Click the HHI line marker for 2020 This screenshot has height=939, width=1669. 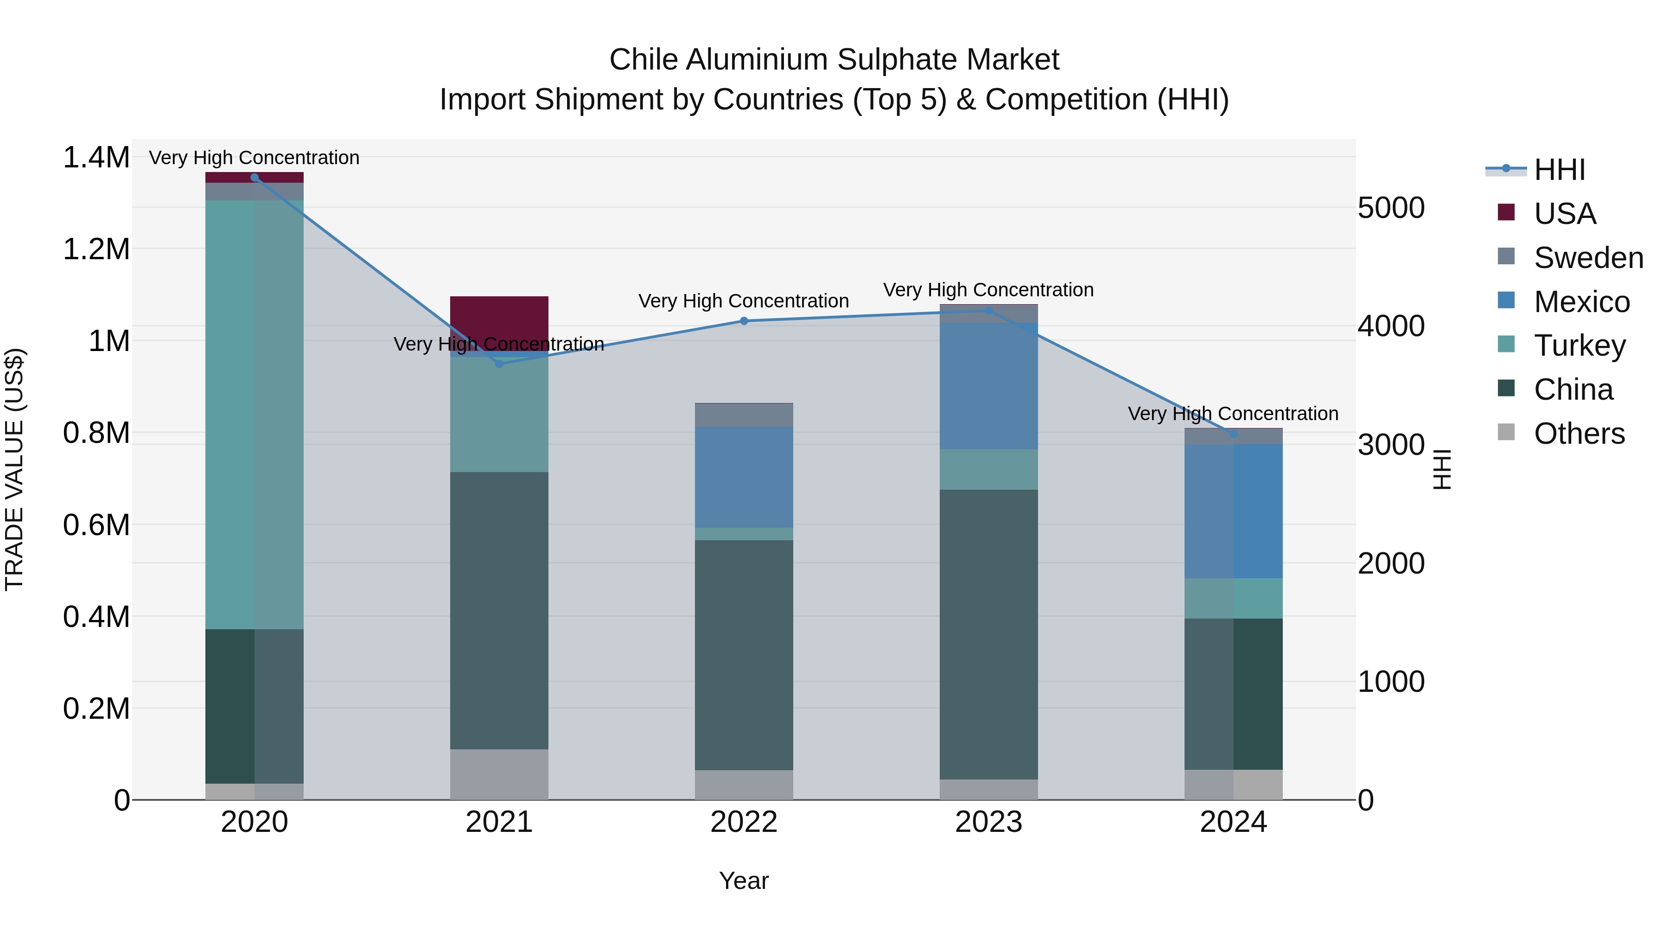click(x=254, y=177)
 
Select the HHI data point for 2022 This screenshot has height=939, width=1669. click(x=744, y=321)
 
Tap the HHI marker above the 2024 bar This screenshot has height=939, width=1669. click(x=1233, y=434)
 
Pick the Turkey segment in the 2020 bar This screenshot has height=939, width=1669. click(x=254, y=415)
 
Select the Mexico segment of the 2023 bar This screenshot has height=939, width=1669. click(x=989, y=386)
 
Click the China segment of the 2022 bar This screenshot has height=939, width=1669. click(x=744, y=654)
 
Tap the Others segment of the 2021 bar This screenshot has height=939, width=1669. click(x=499, y=774)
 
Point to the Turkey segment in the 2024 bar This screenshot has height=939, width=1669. click(x=1233, y=598)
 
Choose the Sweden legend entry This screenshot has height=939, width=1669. click(x=1588, y=258)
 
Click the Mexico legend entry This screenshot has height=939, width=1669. click(x=1581, y=302)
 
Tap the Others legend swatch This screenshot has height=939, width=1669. click(x=1506, y=432)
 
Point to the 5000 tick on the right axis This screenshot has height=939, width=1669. click(x=1390, y=208)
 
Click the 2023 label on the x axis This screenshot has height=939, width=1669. click(x=989, y=822)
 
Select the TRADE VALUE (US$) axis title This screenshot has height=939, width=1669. click(x=14, y=469)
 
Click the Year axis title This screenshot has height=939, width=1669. click(x=744, y=881)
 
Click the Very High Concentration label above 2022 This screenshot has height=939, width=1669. click(x=744, y=301)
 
